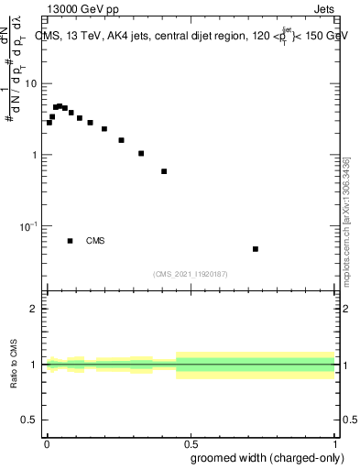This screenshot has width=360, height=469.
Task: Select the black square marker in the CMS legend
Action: point(71,241)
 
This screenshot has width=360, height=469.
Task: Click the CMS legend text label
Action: point(95,241)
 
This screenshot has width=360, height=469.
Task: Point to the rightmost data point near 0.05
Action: point(256,249)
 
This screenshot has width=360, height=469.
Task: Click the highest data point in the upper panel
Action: point(60,106)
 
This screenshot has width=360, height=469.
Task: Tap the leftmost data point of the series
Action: point(49,123)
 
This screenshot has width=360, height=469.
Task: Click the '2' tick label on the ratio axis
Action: point(35,309)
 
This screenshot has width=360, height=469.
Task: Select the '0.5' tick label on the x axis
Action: point(191,444)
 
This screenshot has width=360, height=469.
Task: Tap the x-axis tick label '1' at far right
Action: point(334,444)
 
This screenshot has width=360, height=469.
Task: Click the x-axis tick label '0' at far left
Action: point(47,444)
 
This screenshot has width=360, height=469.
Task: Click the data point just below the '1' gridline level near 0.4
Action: point(164,171)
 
